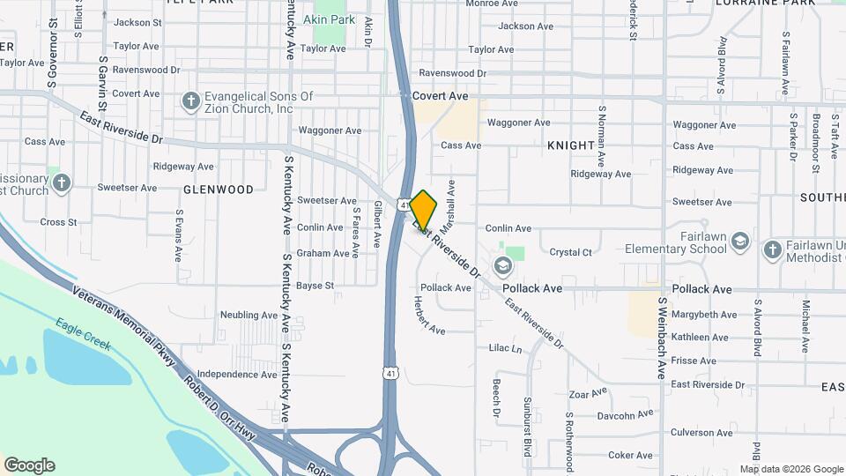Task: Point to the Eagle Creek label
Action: tap(83, 334)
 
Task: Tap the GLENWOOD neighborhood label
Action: tap(219, 190)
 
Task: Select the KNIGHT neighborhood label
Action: tap(570, 145)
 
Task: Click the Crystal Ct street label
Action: tap(570, 252)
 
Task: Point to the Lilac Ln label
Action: tap(505, 349)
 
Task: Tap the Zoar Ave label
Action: tap(589, 392)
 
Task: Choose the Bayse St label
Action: tap(315, 286)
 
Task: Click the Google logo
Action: tap(29, 465)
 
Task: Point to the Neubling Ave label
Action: tap(249, 315)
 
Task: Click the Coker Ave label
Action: tap(630, 455)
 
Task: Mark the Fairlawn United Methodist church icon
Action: tap(772, 249)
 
